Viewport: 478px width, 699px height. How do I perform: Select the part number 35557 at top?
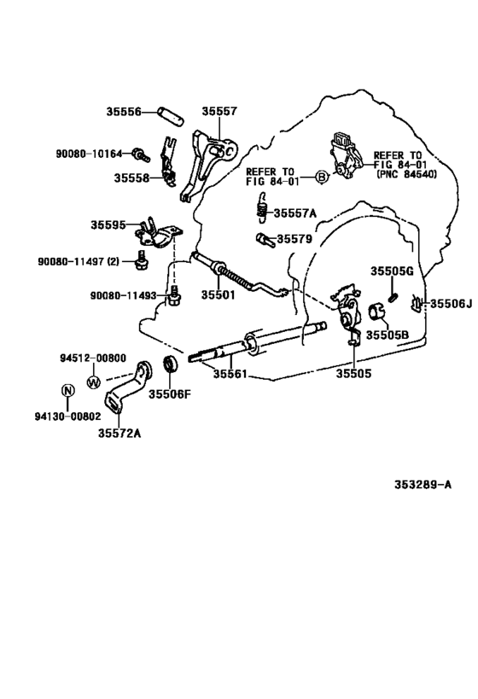[x=219, y=112]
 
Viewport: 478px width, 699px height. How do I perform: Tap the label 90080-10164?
[x=90, y=154]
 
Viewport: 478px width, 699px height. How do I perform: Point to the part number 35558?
[x=131, y=178]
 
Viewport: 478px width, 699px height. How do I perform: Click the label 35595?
[x=108, y=225]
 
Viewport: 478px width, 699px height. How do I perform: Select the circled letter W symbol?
[x=94, y=382]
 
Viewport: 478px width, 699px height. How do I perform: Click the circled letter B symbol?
[x=322, y=177]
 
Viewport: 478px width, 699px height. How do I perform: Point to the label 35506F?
[x=171, y=394]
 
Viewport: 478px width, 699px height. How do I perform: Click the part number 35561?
[x=230, y=373]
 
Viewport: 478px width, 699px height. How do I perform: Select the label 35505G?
[x=392, y=271]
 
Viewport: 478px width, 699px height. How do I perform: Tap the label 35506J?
[x=450, y=303]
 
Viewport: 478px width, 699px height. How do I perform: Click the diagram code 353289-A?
[x=423, y=485]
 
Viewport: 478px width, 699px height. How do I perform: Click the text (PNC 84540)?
[x=405, y=174]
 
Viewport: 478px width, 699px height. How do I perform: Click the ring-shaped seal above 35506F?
[x=171, y=368]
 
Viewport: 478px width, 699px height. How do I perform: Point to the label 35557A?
[x=294, y=213]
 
